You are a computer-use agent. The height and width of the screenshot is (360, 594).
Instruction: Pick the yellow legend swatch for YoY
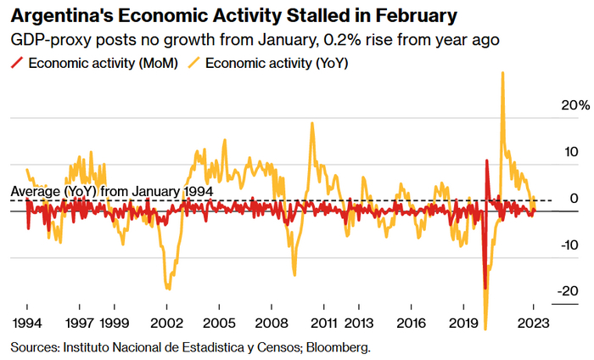tap(193, 63)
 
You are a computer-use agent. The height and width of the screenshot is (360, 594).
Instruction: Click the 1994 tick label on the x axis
tap(27, 323)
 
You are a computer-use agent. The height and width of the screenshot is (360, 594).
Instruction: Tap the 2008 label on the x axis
tap(272, 323)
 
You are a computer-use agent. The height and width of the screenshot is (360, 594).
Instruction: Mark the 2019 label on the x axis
tap(463, 323)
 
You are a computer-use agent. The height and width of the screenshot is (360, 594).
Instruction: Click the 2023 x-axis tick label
tap(533, 323)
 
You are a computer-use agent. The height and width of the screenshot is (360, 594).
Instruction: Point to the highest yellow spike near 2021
tap(503, 73)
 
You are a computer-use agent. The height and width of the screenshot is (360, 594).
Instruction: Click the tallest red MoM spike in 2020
tap(487, 160)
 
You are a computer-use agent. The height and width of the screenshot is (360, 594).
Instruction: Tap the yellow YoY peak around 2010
tap(312, 123)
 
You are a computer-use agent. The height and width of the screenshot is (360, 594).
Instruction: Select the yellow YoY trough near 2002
tap(166, 289)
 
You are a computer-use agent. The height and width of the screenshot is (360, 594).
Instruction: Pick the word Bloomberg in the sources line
tap(339, 347)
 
